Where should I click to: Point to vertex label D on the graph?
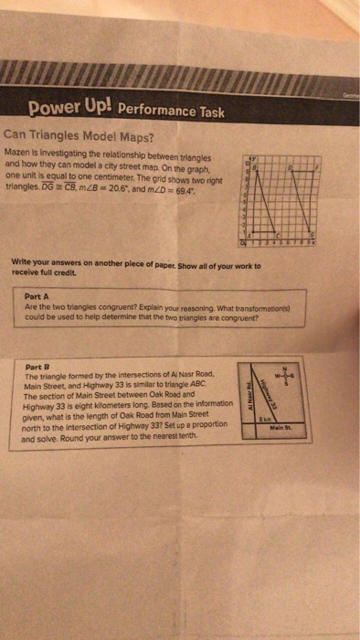pos(291,168)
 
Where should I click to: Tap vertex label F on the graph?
pos(316,168)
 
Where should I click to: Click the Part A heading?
pos(38,296)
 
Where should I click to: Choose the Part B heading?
pos(37,367)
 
